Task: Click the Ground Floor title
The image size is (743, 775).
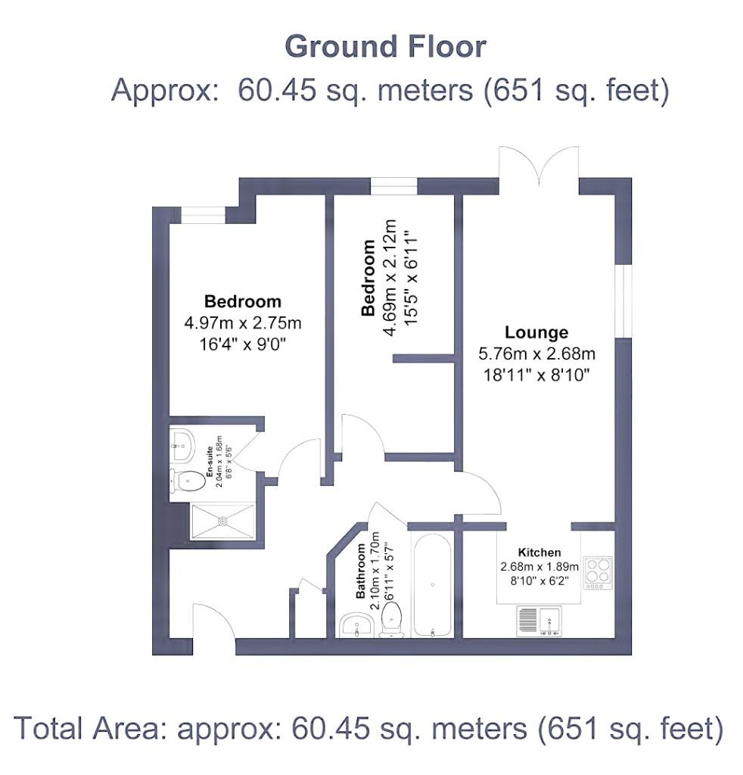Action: [x=385, y=47]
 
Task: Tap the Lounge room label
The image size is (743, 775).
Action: [x=536, y=332]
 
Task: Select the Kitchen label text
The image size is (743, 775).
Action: [x=539, y=552]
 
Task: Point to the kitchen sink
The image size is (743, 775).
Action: [x=539, y=621]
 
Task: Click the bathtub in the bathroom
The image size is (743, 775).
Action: [x=431, y=584]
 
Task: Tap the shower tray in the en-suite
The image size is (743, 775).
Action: [x=222, y=521]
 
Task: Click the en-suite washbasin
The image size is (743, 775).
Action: [x=182, y=444]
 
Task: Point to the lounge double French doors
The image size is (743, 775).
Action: [x=538, y=167]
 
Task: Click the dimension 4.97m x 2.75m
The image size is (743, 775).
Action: [x=243, y=323]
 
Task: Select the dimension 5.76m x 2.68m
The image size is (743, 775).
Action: [x=536, y=353]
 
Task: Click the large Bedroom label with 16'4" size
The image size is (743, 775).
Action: [x=243, y=301]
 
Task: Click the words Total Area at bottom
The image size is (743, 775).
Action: [x=91, y=728]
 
